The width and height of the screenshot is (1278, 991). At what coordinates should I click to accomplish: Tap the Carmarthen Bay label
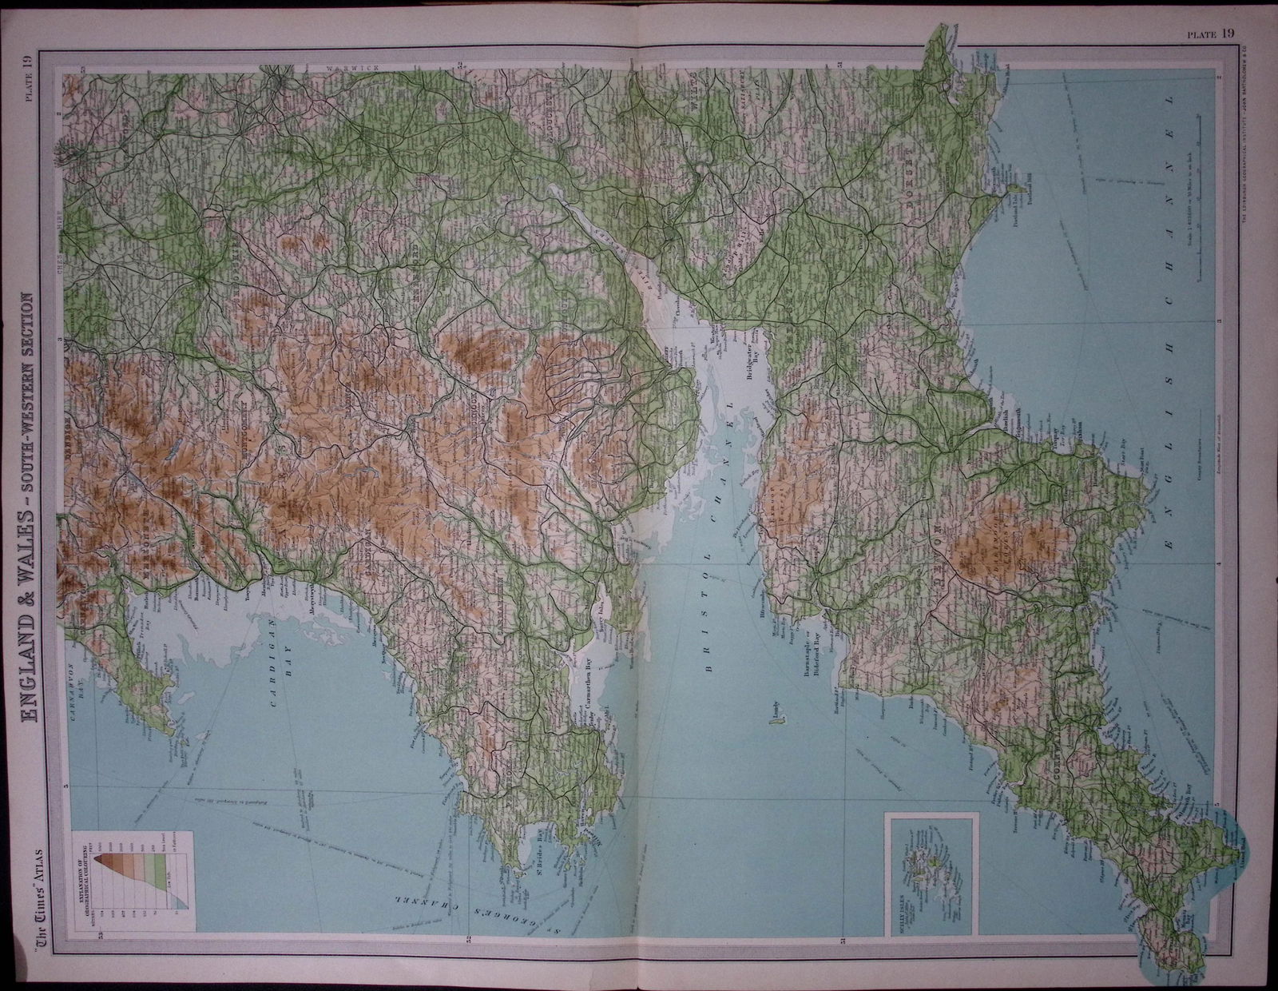pos(589,684)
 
